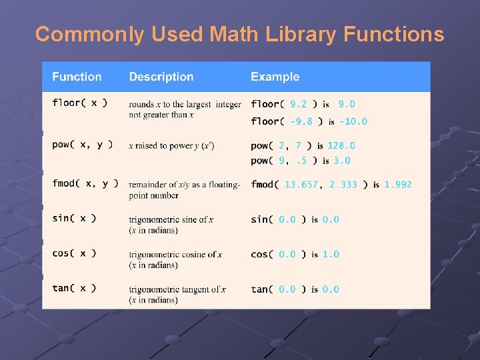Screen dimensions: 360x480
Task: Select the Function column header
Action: [x=77, y=77]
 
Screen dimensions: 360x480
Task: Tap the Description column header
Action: [x=161, y=77]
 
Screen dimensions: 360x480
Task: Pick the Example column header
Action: [x=275, y=77]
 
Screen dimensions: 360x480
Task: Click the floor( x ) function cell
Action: [x=79, y=103]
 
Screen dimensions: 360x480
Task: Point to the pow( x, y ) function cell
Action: [x=82, y=145]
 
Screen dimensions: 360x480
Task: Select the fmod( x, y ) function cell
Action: [x=85, y=184]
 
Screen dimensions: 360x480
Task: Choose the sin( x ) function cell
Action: [x=74, y=219]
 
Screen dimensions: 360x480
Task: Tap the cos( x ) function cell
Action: [x=74, y=253]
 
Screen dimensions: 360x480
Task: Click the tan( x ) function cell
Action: [x=74, y=289]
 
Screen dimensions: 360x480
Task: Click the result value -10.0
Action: [x=353, y=121]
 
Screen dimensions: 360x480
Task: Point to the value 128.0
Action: [x=341, y=145]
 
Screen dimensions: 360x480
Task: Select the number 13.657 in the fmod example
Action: [x=301, y=185]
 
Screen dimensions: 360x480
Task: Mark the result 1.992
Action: [x=398, y=185]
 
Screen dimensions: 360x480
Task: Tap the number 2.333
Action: [x=343, y=185]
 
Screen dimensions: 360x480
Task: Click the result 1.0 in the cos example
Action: [x=331, y=254]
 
